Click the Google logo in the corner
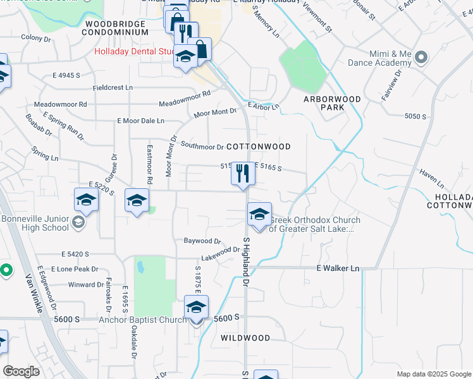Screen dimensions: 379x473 [x=21, y=371]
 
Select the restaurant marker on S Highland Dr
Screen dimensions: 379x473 [x=242, y=174]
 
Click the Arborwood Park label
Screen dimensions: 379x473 [x=332, y=103]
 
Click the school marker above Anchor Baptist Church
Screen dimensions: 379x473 [x=196, y=308]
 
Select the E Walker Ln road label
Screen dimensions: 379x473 [x=338, y=268]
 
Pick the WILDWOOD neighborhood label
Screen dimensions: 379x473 [x=245, y=338]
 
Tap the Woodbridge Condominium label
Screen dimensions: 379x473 [x=116, y=28]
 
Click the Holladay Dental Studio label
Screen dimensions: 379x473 [x=134, y=52]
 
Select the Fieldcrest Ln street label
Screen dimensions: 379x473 [x=113, y=87]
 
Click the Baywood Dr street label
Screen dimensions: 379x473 [x=202, y=241]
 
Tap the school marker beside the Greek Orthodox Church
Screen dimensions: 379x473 [x=259, y=215]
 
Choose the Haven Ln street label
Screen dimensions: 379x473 [x=432, y=181]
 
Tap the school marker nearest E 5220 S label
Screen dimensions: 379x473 [x=86, y=201]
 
